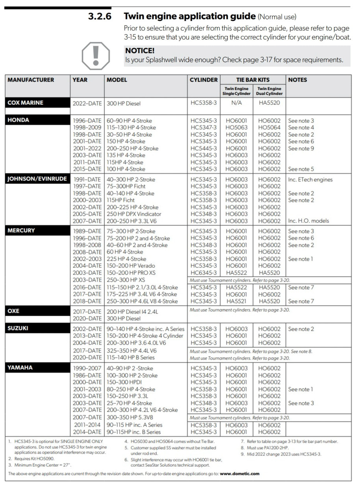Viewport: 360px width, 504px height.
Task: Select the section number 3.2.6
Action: click(100, 17)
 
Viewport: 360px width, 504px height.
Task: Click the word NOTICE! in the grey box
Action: click(140, 51)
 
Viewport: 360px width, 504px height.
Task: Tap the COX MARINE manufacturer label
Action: click(25, 103)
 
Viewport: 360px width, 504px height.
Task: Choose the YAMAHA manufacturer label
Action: click(20, 368)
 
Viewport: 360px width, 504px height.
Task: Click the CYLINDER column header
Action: click(204, 80)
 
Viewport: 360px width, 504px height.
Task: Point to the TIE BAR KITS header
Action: click(252, 80)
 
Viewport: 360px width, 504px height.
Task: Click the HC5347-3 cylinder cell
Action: click(204, 128)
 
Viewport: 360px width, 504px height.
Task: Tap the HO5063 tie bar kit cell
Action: click(236, 128)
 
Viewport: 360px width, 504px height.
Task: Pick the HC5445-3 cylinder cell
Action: click(204, 148)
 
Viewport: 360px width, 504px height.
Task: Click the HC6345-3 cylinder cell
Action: click(204, 272)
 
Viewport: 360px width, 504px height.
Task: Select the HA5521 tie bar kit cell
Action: click(236, 301)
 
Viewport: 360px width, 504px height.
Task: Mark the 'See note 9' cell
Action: click(301, 148)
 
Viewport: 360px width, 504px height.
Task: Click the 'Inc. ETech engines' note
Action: click(310, 180)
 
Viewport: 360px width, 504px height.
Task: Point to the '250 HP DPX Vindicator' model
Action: click(134, 214)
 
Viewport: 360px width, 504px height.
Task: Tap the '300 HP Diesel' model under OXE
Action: click(124, 318)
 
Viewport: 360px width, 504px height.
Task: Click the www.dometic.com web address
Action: click(239, 474)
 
